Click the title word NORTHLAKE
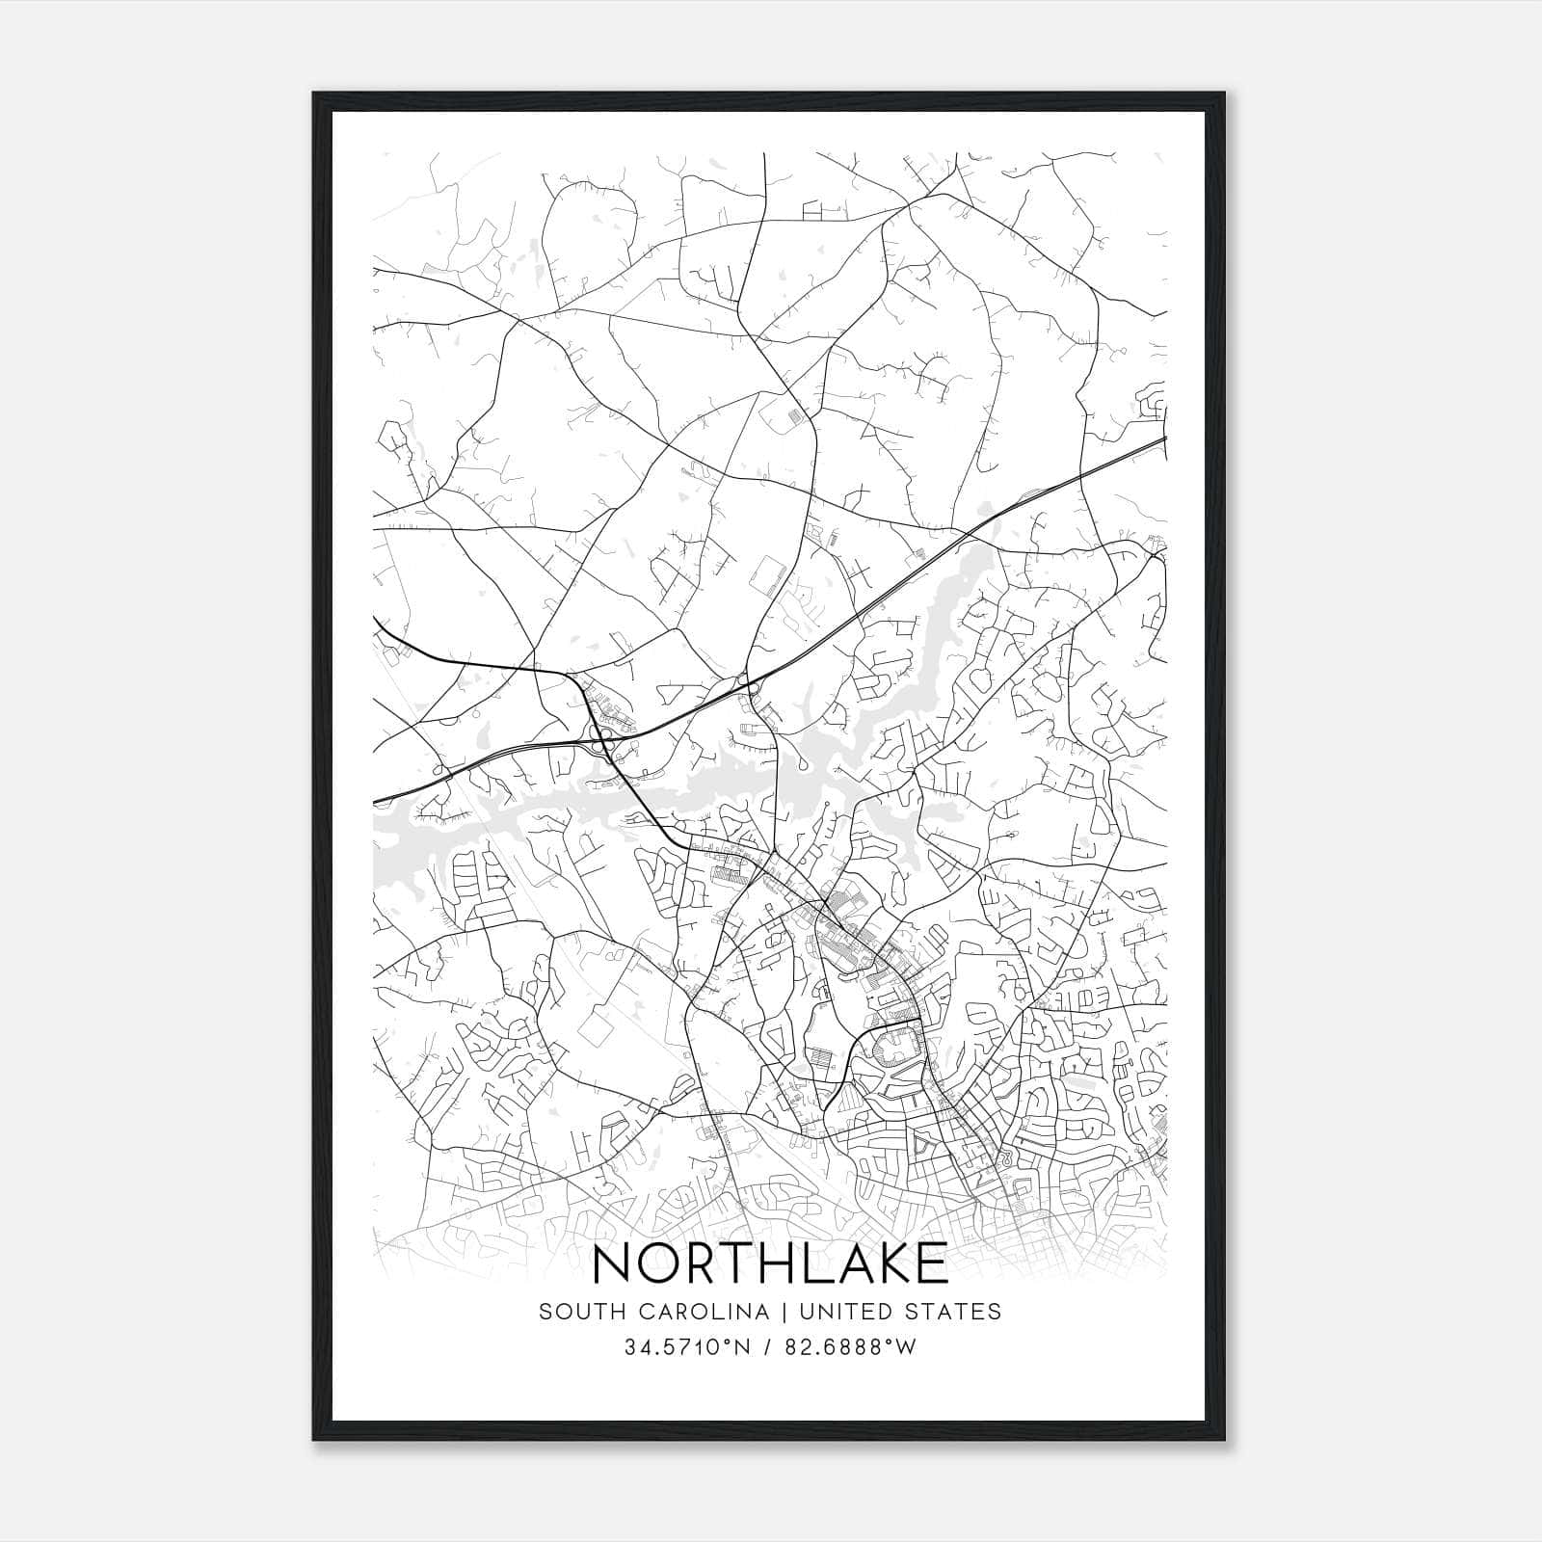point(770,1263)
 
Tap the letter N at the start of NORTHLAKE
point(613,1263)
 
